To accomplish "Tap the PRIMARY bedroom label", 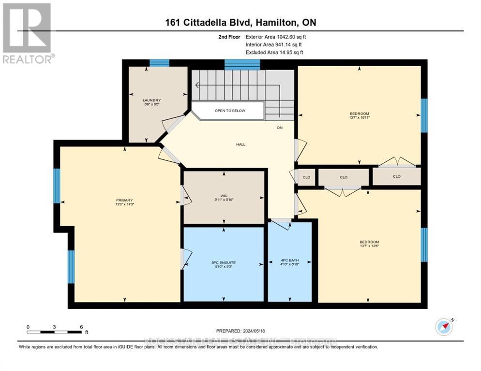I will point(124,200).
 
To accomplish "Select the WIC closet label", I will point(224,196).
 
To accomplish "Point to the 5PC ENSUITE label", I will point(223,262).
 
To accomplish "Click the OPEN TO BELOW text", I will point(230,111).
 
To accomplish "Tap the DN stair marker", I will point(280,128).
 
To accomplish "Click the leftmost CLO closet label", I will point(306,177).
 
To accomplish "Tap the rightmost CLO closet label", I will point(397,176).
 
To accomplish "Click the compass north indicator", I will point(444,327).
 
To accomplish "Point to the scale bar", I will point(54,332).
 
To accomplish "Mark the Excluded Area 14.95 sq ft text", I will point(274,52).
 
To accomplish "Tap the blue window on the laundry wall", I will point(159,62).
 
